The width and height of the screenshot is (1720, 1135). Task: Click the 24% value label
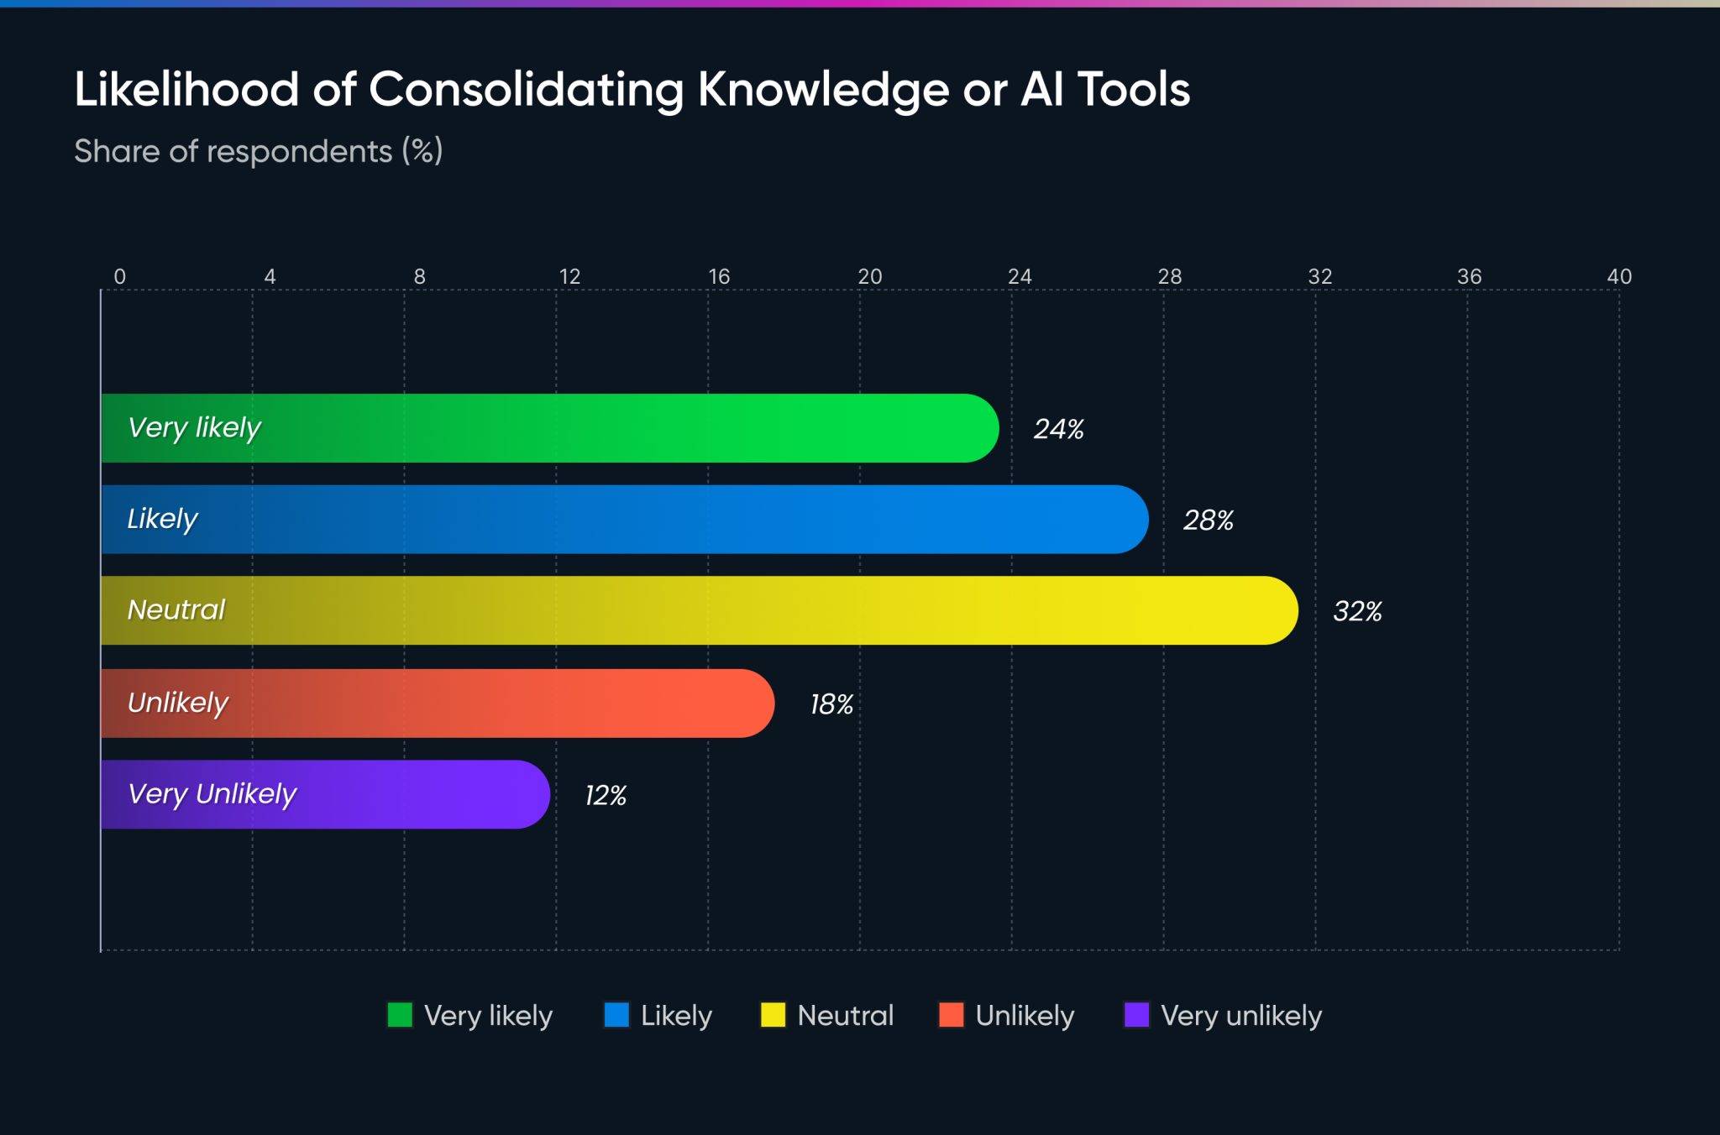tap(1058, 429)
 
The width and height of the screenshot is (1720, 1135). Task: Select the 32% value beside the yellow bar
tap(1357, 611)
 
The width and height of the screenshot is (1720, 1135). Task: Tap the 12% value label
tap(606, 795)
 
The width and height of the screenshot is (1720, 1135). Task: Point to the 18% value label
tap(831, 704)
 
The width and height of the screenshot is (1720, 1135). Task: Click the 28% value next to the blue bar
tap(1208, 520)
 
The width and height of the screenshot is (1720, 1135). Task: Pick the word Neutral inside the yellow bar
tap(176, 609)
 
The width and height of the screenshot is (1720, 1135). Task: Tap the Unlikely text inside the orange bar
tap(178, 703)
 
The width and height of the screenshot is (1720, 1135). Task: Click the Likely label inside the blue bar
tap(162, 519)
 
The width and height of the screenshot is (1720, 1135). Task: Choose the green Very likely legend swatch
tap(400, 1015)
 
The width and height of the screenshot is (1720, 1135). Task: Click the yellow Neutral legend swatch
tap(773, 1015)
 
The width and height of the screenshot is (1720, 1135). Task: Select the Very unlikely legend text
tap(1240, 1016)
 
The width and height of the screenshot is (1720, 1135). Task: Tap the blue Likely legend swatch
tap(616, 1015)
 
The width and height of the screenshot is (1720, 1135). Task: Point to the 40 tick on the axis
tap(1618, 276)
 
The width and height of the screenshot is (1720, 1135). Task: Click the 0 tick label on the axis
tap(120, 276)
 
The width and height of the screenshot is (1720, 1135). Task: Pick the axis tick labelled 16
tap(719, 276)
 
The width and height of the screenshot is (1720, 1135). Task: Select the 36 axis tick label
tap(1469, 276)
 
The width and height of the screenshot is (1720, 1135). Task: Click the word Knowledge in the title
tap(823, 90)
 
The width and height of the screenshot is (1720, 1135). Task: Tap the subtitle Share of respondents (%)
tap(258, 151)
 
